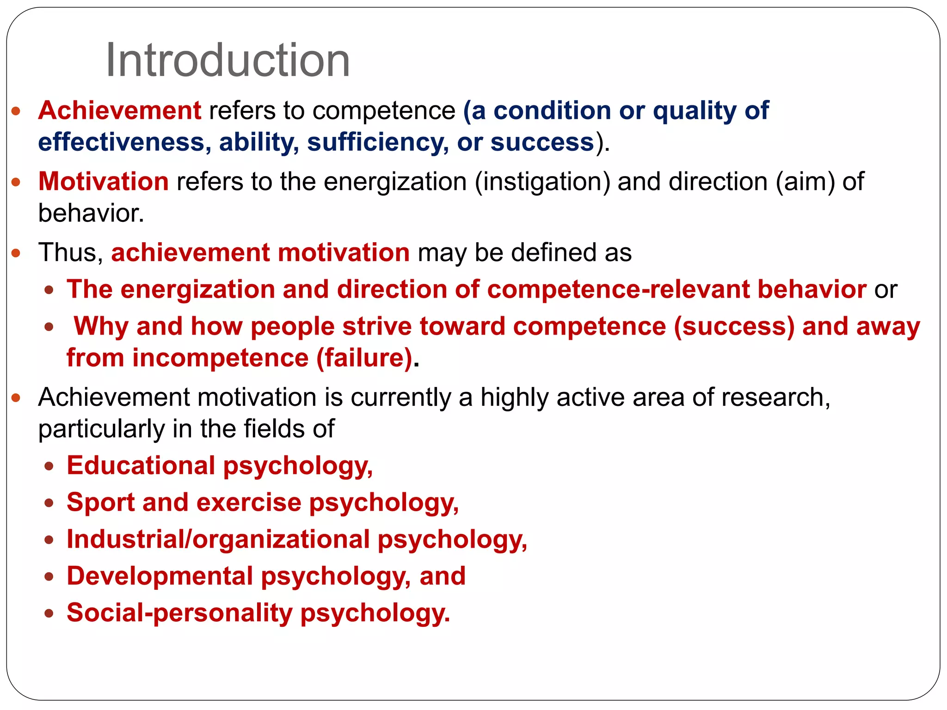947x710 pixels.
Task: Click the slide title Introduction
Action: [228, 61]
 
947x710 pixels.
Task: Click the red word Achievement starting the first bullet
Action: [119, 111]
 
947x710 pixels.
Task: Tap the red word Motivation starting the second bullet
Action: [103, 181]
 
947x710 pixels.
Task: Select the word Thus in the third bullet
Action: [70, 253]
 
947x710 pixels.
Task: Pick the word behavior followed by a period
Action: [91, 214]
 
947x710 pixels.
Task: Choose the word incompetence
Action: [220, 358]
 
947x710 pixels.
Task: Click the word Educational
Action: [141, 465]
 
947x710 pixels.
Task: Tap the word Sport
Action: [100, 502]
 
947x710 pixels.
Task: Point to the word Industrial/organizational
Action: [218, 539]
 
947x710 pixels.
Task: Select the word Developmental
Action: [160, 576]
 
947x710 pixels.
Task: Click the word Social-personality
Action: [179, 613]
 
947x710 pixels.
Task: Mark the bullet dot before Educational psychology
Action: [49, 466]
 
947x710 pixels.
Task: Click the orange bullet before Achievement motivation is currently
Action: [17, 398]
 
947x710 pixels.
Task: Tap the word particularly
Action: [101, 429]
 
